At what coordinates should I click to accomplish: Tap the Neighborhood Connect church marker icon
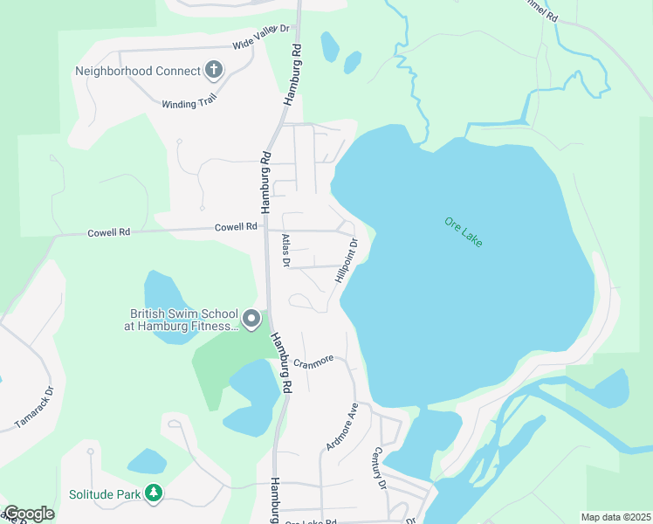(214, 70)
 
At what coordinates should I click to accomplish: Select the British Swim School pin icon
(251, 320)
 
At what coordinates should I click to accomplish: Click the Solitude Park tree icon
(154, 493)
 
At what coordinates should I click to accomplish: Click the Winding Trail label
(188, 103)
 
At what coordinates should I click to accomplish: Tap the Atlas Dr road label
(285, 250)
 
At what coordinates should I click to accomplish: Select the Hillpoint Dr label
(346, 260)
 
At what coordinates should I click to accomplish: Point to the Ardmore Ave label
(342, 426)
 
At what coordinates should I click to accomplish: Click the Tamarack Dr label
(34, 407)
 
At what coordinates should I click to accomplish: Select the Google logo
(29, 514)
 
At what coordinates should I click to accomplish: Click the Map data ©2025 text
(615, 517)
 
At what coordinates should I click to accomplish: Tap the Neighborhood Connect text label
(138, 71)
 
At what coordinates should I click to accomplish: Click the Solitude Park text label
(105, 494)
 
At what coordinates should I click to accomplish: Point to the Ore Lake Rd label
(311, 521)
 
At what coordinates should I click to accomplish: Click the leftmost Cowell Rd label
(108, 233)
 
